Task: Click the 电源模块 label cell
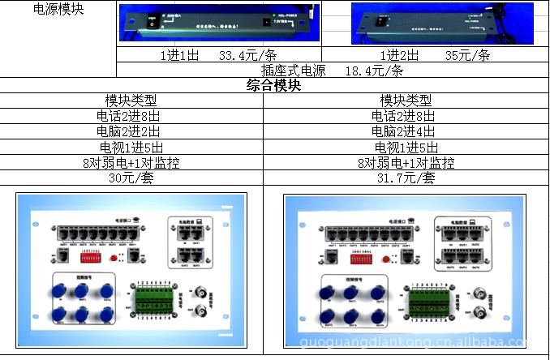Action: (58, 10)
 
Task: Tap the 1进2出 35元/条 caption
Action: (435, 55)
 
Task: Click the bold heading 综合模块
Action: (274, 85)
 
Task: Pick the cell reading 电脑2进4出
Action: (406, 131)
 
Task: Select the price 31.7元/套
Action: (406, 178)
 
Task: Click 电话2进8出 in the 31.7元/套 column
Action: (406, 116)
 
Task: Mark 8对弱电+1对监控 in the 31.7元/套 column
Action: (406, 162)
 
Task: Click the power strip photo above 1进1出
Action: (218, 23)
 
